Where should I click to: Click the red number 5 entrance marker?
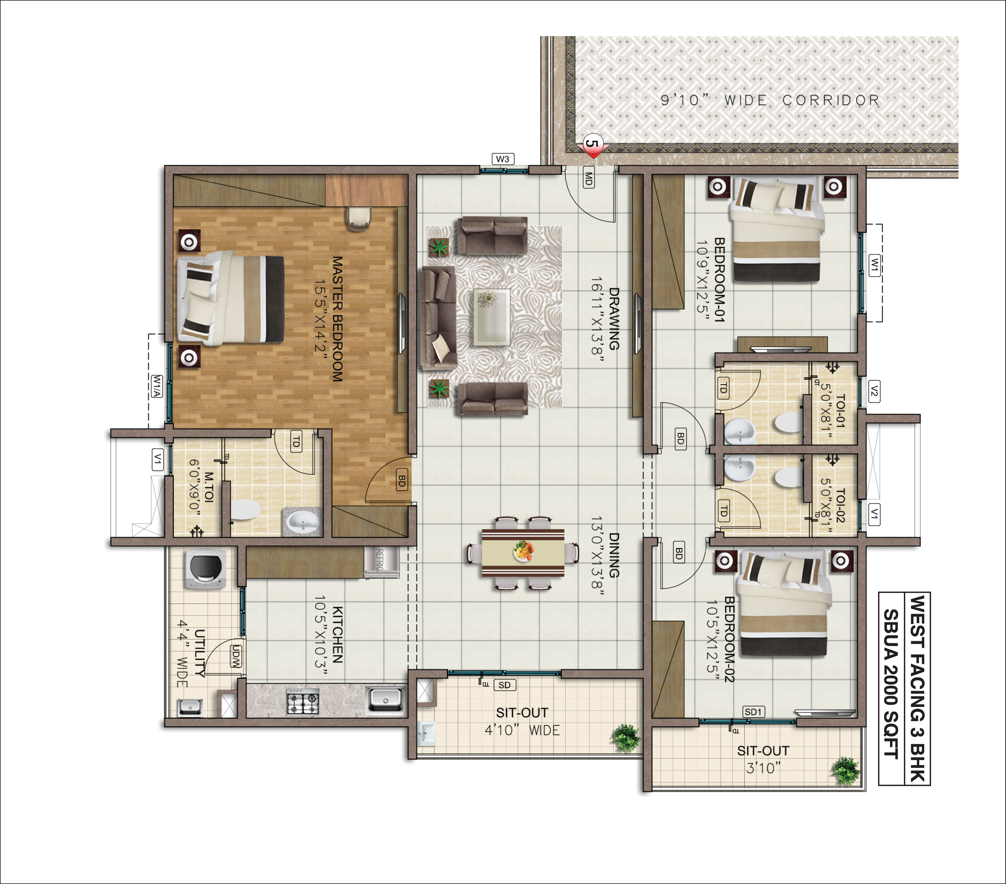pos(593,146)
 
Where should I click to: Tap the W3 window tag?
pos(503,159)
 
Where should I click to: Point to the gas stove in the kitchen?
pos(303,701)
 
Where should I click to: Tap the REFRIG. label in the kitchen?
pos(380,560)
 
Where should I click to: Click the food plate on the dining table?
pos(523,551)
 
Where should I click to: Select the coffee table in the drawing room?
pos(491,317)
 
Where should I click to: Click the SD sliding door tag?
pos(505,685)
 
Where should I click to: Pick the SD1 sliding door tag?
pos(753,712)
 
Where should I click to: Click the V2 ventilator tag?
pos(874,391)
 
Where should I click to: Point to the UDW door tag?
pos(236,656)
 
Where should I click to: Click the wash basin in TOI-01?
pos(739,431)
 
